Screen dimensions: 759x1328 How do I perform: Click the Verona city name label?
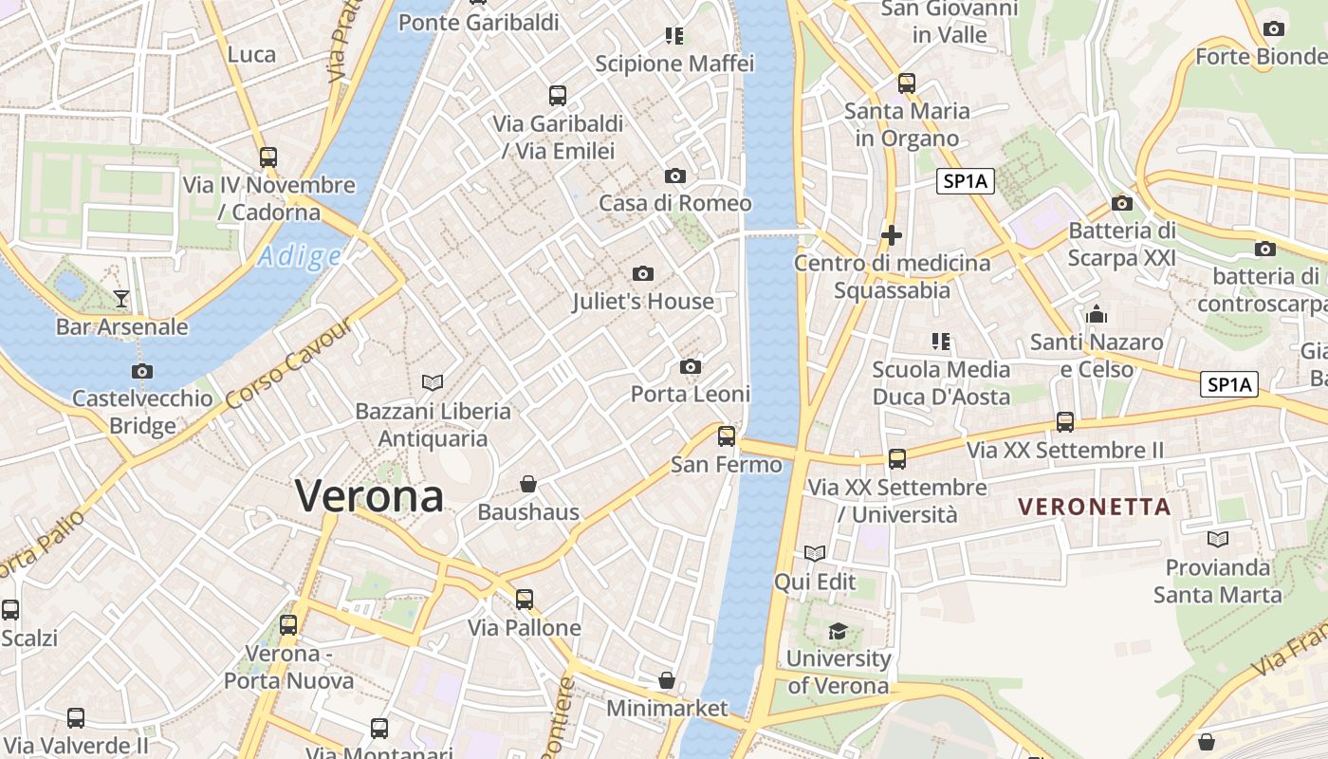(369, 496)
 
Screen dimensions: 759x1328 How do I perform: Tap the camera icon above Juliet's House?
(642, 274)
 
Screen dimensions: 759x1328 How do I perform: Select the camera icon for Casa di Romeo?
(674, 176)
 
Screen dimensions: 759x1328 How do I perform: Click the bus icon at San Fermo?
(726, 436)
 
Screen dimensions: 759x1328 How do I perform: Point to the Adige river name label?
(299, 256)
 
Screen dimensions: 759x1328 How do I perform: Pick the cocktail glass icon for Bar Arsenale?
(121, 299)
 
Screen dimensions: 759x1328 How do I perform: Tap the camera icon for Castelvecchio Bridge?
(142, 371)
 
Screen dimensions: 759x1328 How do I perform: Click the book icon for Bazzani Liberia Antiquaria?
(433, 382)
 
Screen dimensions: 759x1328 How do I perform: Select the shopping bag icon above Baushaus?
(528, 485)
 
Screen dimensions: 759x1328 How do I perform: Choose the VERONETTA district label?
(1094, 507)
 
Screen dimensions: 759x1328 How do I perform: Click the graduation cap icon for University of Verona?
(838, 631)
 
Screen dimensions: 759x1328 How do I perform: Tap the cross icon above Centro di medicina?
(891, 235)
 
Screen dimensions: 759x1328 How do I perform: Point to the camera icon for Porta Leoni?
(691, 367)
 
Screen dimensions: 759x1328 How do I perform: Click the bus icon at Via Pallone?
(525, 600)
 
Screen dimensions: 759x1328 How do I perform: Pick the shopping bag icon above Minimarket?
(667, 680)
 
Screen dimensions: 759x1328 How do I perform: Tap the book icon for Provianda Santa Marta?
(1218, 540)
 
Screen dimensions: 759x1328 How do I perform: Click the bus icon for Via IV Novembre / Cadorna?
(268, 157)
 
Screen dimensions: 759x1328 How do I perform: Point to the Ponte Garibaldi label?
(478, 22)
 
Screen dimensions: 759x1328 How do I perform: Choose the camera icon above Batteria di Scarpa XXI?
(1122, 203)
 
